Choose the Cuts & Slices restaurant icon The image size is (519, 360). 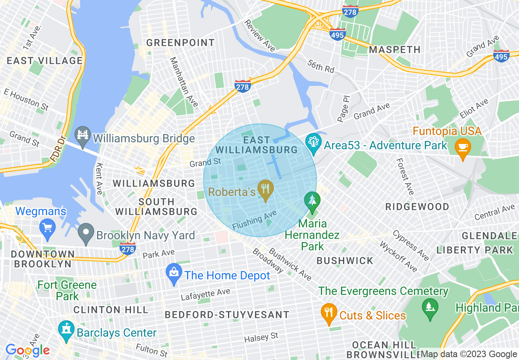[329, 313]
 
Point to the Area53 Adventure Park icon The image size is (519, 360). [314, 144]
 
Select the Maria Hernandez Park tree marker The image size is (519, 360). [312, 202]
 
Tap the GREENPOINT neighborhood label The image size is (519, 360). [181, 43]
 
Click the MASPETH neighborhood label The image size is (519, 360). [395, 49]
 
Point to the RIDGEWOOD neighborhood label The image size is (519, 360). [417, 207]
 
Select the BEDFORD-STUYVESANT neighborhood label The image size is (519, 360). [227, 315]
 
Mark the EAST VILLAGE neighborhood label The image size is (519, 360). [44, 61]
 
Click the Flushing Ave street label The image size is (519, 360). [255, 220]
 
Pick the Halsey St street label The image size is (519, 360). [261, 338]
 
